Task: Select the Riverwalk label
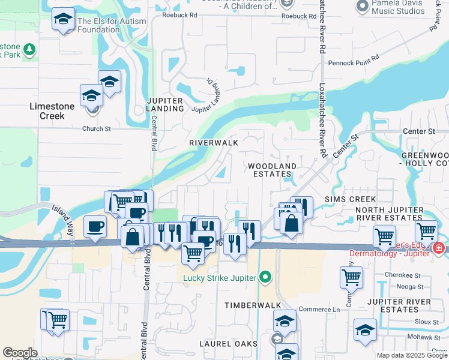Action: coord(214,143)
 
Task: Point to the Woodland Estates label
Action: coord(273,170)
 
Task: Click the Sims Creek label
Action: coord(350,199)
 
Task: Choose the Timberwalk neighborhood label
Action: coord(249,305)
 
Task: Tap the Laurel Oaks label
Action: coord(229,344)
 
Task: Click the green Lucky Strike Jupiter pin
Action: coord(265,277)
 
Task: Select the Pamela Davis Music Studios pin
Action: coord(362,7)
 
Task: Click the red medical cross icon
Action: coord(438,247)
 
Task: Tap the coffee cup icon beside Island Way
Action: coord(95,227)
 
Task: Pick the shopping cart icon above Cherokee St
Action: coord(351,277)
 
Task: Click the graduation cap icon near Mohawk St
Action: coord(365,331)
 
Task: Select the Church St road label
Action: coord(97,128)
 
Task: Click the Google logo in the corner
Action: coord(20,353)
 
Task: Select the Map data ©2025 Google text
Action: coord(412,355)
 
